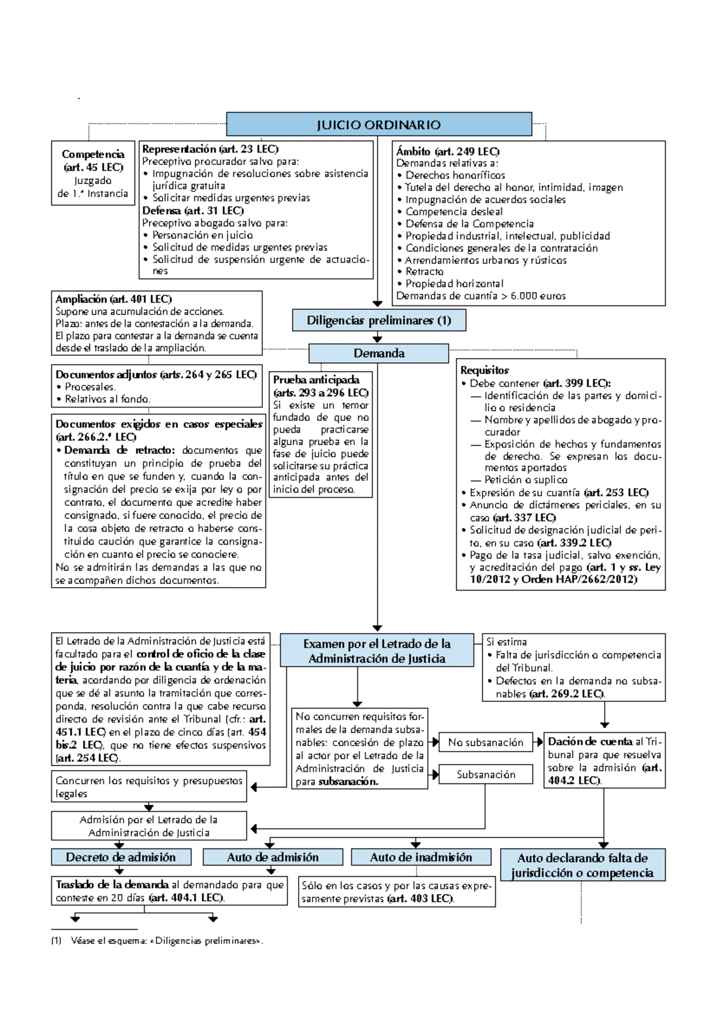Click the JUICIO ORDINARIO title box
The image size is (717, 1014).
coord(379,125)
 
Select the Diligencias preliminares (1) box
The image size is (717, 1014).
coord(379,320)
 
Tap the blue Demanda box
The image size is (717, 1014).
coord(379,353)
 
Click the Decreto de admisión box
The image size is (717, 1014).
coord(121,857)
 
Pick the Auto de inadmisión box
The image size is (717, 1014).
coord(421,857)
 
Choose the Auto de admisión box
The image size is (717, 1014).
coord(272,857)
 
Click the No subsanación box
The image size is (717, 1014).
coord(485,743)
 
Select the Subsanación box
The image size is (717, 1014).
coord(485,775)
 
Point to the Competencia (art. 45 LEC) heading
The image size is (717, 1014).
coord(93,160)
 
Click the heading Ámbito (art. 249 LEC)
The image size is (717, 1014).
coord(447,151)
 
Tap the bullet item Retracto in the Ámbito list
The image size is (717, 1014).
coord(424,272)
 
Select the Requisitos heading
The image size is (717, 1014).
coord(485,370)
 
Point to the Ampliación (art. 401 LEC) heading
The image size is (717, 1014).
coord(114,299)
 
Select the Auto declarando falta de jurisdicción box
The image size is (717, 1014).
coord(582,865)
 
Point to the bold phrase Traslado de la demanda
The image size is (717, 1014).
coord(112,885)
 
